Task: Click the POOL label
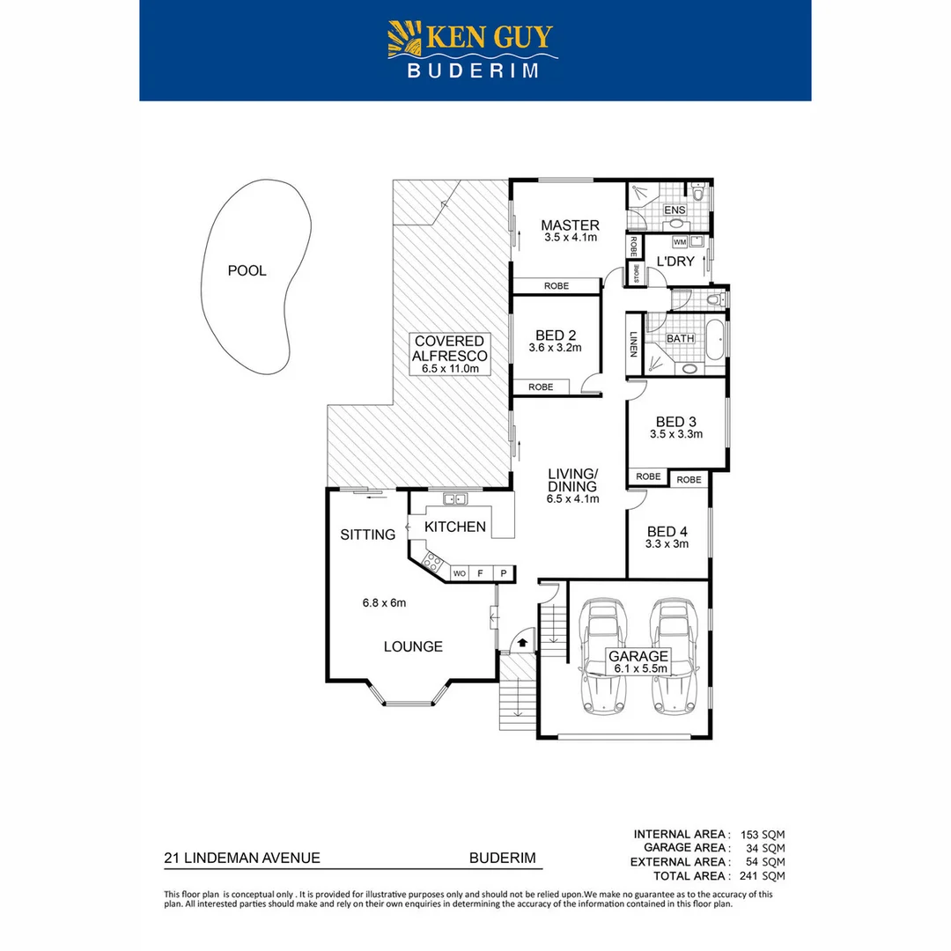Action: [247, 270]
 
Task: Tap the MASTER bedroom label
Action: [570, 225]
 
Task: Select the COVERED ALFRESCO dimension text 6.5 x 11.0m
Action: [450, 369]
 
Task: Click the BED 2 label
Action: [555, 335]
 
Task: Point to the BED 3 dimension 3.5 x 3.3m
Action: [675, 433]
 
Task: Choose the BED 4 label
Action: [667, 531]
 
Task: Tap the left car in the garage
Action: [603, 656]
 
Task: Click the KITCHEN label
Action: [454, 527]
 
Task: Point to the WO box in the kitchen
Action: [459, 573]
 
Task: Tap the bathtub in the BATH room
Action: [714, 338]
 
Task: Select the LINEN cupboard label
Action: [633, 344]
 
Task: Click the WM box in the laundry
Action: [679, 241]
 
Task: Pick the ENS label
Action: [675, 210]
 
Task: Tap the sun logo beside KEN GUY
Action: [406, 41]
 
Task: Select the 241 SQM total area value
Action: [763, 875]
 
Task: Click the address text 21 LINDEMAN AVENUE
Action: [242, 857]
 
